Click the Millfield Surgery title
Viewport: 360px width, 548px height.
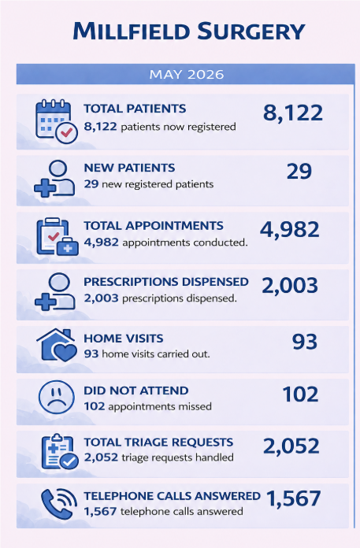coord(189,31)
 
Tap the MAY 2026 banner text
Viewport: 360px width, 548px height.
coord(187,75)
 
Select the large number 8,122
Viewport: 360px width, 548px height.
coord(293,113)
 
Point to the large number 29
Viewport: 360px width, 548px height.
coord(299,172)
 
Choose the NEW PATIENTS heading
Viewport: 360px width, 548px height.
coord(129,168)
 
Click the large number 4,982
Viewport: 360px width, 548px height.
coord(289,230)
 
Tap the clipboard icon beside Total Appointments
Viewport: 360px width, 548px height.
coord(58,237)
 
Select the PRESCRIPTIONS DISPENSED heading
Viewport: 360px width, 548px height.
coord(166,282)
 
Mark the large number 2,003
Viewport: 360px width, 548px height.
coord(290,286)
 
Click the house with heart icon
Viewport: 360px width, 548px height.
coord(57,345)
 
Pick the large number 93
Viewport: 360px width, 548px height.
coord(305,342)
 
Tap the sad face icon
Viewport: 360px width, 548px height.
coord(56,398)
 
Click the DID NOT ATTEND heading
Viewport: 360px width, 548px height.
coord(136,391)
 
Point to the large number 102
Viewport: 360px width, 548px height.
coord(301,394)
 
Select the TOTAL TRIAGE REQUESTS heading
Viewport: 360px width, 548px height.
coord(158,442)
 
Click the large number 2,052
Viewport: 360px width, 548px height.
coord(291,446)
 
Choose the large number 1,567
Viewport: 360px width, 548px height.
coord(294,498)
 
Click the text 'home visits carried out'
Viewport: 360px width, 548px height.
coord(156,354)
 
